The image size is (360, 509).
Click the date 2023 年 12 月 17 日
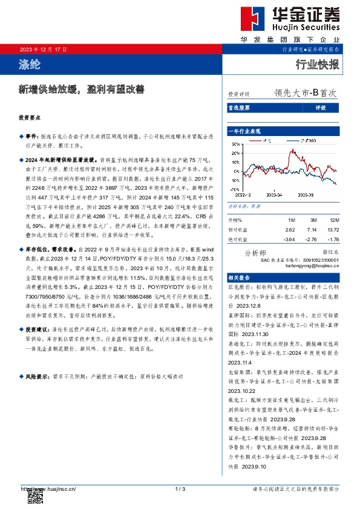point(43,49)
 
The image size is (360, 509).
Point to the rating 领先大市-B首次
point(304,94)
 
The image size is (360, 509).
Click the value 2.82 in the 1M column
point(290,230)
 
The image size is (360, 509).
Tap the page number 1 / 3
point(179,488)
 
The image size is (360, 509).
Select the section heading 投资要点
point(30,120)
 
